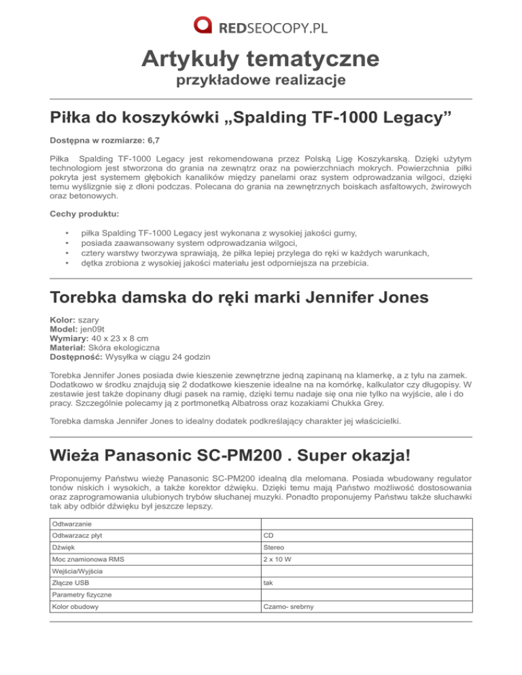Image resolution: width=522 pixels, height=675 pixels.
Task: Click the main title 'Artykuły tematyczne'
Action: coord(260,59)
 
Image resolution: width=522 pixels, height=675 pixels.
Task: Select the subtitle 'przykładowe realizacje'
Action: coord(260,81)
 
